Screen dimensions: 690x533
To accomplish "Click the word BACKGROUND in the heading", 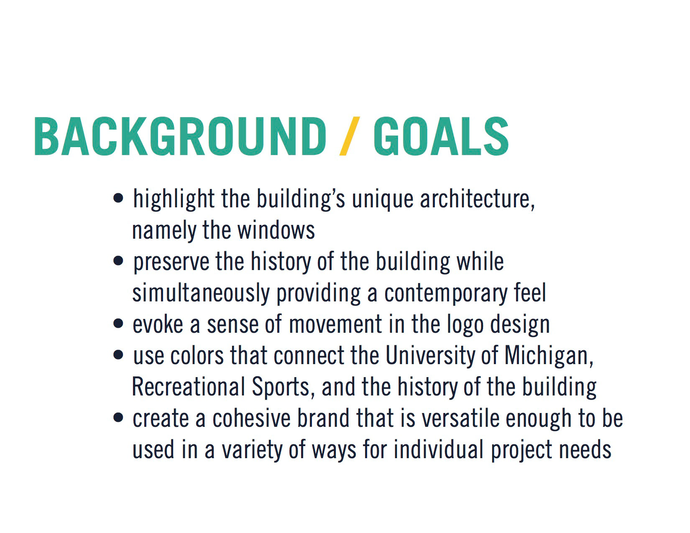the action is pyautogui.click(x=180, y=136).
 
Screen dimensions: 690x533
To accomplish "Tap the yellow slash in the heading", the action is pyautogui.click(x=350, y=136).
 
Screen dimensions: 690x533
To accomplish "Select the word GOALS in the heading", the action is pyautogui.click(x=441, y=136).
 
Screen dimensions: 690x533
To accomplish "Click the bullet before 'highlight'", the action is pyautogui.click(x=118, y=198).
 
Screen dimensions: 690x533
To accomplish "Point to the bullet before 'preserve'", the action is pyautogui.click(x=118, y=261).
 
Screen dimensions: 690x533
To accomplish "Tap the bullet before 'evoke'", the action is pyautogui.click(x=118, y=324).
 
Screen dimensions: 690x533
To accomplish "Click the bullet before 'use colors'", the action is pyautogui.click(x=118, y=355).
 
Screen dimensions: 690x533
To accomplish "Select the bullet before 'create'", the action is pyautogui.click(x=118, y=418).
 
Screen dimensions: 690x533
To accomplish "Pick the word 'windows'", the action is pyautogui.click(x=276, y=230).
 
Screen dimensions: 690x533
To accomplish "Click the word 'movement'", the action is pyautogui.click(x=335, y=324).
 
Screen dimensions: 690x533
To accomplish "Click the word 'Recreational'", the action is pyautogui.click(x=188, y=387).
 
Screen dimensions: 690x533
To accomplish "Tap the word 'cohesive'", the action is pyautogui.click(x=251, y=418).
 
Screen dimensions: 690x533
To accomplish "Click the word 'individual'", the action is pyautogui.click(x=439, y=449).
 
